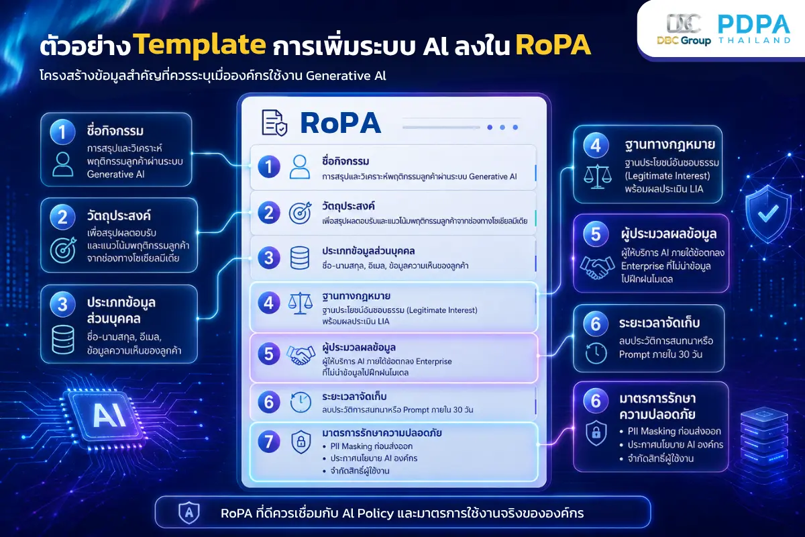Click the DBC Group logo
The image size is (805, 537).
pos(684,30)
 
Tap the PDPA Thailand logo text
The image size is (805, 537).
pos(754,29)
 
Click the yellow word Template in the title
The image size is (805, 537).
pos(201,44)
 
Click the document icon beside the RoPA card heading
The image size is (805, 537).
pos(274,123)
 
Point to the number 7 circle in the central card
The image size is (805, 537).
pos(269,441)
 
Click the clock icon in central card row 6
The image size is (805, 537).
pos(301,402)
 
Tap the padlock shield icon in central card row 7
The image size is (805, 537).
pos(301,442)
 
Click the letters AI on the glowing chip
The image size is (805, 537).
pos(109,416)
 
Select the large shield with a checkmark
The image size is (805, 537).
pos(768,213)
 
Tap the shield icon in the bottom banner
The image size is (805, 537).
pos(189,513)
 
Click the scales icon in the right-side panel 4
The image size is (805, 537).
pos(597,177)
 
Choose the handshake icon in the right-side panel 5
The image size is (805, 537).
pos(597,267)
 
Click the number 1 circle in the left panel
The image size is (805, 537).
pos(62,132)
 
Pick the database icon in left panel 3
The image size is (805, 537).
pos(63,340)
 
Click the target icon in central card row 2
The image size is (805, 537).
pos(300,213)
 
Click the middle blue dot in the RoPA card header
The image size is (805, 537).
pos(502,128)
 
